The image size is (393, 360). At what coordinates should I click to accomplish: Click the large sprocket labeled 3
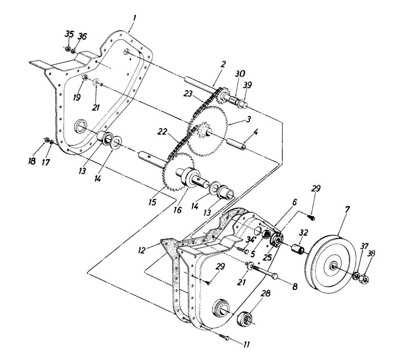[x=210, y=131]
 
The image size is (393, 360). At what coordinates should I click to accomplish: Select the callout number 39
[x=248, y=85]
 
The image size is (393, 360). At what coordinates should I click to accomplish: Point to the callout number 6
[x=294, y=202]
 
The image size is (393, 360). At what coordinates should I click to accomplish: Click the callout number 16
[x=177, y=210]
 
